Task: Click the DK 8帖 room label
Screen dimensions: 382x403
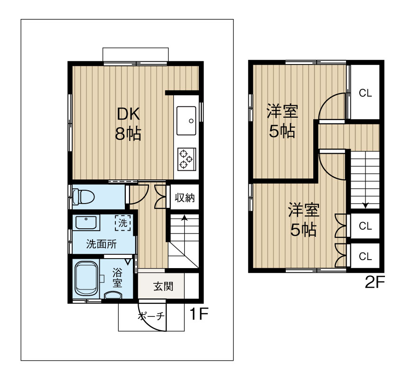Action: pyautogui.click(x=128, y=123)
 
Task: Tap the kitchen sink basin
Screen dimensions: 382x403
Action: pyautogui.click(x=186, y=121)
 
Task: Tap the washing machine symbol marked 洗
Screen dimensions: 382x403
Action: pyautogui.click(x=123, y=222)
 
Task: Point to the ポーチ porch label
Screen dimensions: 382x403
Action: pyautogui.click(x=151, y=316)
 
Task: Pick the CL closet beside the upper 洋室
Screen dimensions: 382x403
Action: pyautogui.click(x=365, y=93)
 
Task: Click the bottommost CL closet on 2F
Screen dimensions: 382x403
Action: pyautogui.click(x=365, y=257)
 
